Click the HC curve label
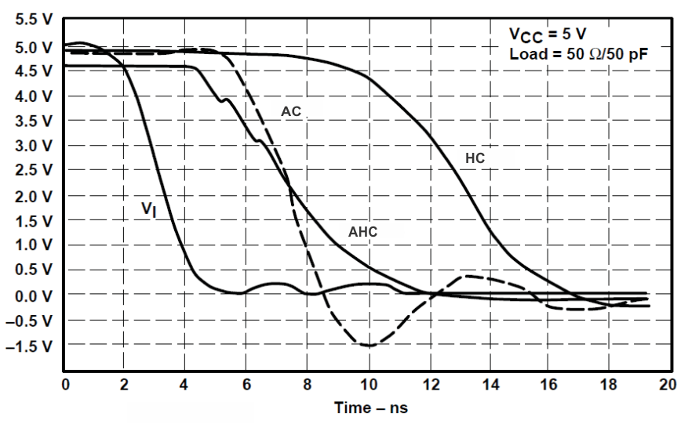pos(475,158)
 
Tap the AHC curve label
pos(362,232)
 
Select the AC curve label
pos(292,112)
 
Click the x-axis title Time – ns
pos(371,408)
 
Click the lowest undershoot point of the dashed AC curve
pos(367,346)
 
